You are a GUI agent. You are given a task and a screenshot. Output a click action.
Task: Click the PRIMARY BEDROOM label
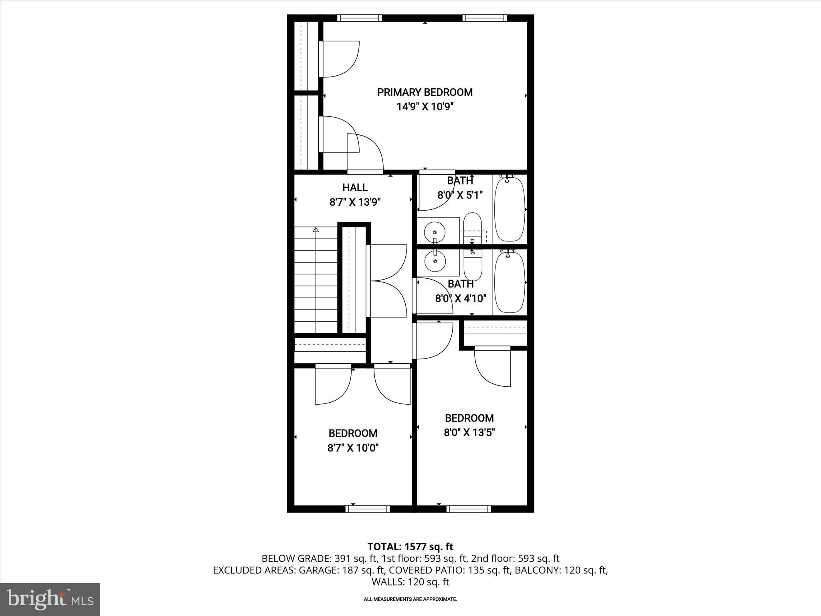(x=425, y=92)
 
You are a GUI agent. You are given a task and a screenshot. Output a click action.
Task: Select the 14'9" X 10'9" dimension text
(x=425, y=107)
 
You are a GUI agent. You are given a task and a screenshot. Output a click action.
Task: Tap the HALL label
(x=355, y=187)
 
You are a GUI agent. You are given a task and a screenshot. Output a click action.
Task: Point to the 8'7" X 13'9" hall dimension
(x=355, y=202)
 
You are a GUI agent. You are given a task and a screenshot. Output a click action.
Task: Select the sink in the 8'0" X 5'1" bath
(x=435, y=232)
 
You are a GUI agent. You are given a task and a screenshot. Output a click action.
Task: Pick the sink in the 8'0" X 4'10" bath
(x=435, y=261)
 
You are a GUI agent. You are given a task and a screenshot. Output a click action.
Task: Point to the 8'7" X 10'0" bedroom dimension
(x=353, y=448)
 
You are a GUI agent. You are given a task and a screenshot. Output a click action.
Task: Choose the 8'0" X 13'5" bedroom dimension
(x=469, y=433)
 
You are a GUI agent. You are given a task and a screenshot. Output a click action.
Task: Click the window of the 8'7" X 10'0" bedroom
(x=368, y=509)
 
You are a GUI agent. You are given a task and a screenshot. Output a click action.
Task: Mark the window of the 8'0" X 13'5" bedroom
(x=469, y=509)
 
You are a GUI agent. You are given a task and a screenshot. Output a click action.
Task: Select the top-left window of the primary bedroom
(x=359, y=18)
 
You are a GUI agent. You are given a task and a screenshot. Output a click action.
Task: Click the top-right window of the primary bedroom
(x=484, y=18)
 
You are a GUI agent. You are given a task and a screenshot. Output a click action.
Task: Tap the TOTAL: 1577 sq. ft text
(x=410, y=547)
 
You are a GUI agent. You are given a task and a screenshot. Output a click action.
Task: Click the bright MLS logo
(x=50, y=599)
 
